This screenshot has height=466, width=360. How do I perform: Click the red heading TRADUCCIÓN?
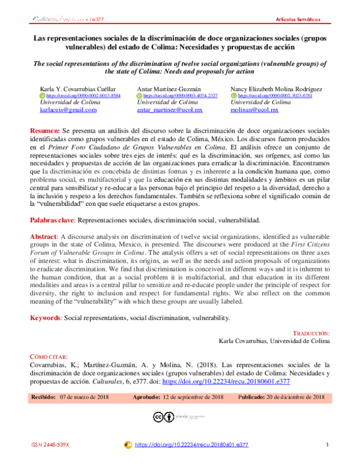click(311, 333)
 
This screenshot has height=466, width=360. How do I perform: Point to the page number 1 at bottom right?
click(328, 445)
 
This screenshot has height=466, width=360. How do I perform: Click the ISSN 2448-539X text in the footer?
click(50, 445)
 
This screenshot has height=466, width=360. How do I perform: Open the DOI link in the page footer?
click(192, 445)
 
